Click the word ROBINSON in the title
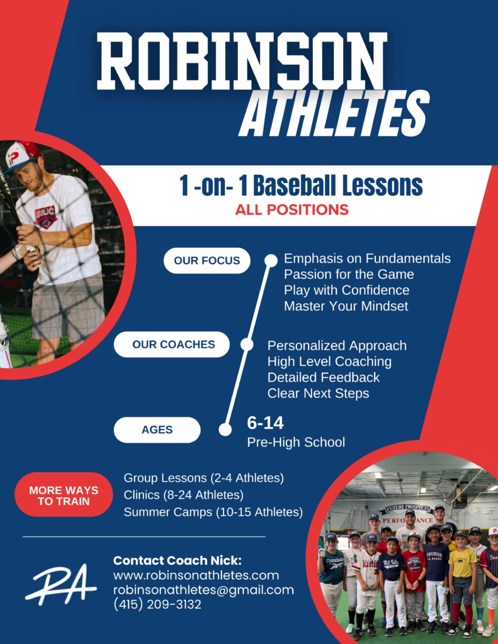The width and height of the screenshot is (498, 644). click(242, 61)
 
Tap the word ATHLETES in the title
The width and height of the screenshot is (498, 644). click(334, 113)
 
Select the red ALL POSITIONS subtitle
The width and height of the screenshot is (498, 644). click(292, 210)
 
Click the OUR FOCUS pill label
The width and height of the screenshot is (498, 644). click(207, 260)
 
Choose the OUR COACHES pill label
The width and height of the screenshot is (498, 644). click(172, 344)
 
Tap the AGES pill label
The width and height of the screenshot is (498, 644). click(157, 430)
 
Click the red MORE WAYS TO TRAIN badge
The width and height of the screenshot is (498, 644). click(64, 496)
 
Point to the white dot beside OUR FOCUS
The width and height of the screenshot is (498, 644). click(271, 260)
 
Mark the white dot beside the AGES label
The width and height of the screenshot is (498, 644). click(225, 430)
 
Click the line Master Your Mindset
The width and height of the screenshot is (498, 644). click(346, 306)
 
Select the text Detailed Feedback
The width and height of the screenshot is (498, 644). click(323, 377)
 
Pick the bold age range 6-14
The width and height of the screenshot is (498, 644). click(265, 423)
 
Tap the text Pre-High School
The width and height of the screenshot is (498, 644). click(296, 442)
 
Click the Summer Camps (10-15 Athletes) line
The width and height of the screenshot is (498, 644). click(213, 512)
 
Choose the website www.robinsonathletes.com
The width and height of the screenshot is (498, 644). click(196, 575)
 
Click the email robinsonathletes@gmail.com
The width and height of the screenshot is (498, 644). click(203, 590)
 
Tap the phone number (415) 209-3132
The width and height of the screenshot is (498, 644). click(157, 604)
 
